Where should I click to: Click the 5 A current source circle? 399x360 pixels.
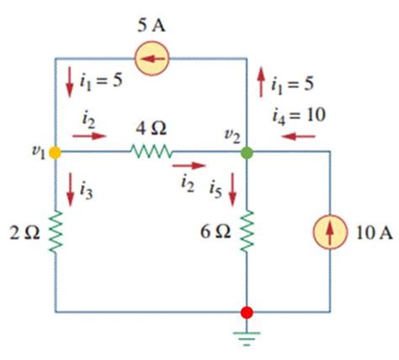point(152,58)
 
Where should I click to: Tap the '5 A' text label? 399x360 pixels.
point(152,23)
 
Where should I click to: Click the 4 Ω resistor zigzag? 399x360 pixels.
point(152,153)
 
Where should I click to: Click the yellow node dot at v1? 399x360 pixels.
point(56,153)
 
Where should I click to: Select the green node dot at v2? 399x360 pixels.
point(246,153)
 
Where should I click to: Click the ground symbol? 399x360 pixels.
point(246,338)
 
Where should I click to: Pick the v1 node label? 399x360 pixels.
point(36,153)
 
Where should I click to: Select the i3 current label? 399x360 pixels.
point(85,192)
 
